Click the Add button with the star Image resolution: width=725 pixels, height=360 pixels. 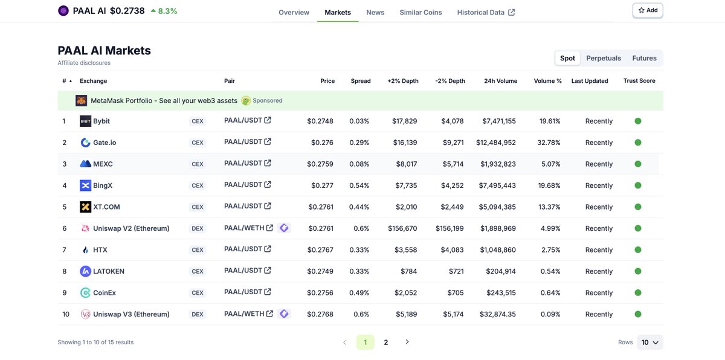click(647, 10)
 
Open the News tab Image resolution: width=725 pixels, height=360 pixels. click(375, 12)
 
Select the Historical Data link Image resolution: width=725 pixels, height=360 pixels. click(486, 12)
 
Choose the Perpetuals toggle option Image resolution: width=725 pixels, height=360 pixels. click(604, 58)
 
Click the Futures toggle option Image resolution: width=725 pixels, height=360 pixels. click(644, 58)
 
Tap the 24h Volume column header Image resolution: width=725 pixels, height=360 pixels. click(500, 81)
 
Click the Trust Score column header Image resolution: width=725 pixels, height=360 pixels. click(639, 81)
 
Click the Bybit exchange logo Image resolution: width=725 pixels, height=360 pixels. click(85, 121)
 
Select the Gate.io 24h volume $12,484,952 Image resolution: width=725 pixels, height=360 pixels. click(495, 143)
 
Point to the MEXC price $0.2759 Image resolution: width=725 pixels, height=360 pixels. click(320, 164)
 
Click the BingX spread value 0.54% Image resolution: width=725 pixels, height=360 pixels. click(359, 185)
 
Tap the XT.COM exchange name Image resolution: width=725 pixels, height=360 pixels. click(106, 207)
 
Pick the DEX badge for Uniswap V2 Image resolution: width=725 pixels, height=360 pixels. click(198, 229)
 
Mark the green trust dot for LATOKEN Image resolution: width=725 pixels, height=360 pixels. click(638, 271)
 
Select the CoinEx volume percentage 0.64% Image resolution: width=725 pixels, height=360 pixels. click(550, 293)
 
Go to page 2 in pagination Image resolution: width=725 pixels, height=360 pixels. click(386, 342)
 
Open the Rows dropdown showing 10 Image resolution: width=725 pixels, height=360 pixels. click(649, 342)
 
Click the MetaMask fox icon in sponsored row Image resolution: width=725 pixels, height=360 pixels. click(82, 101)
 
